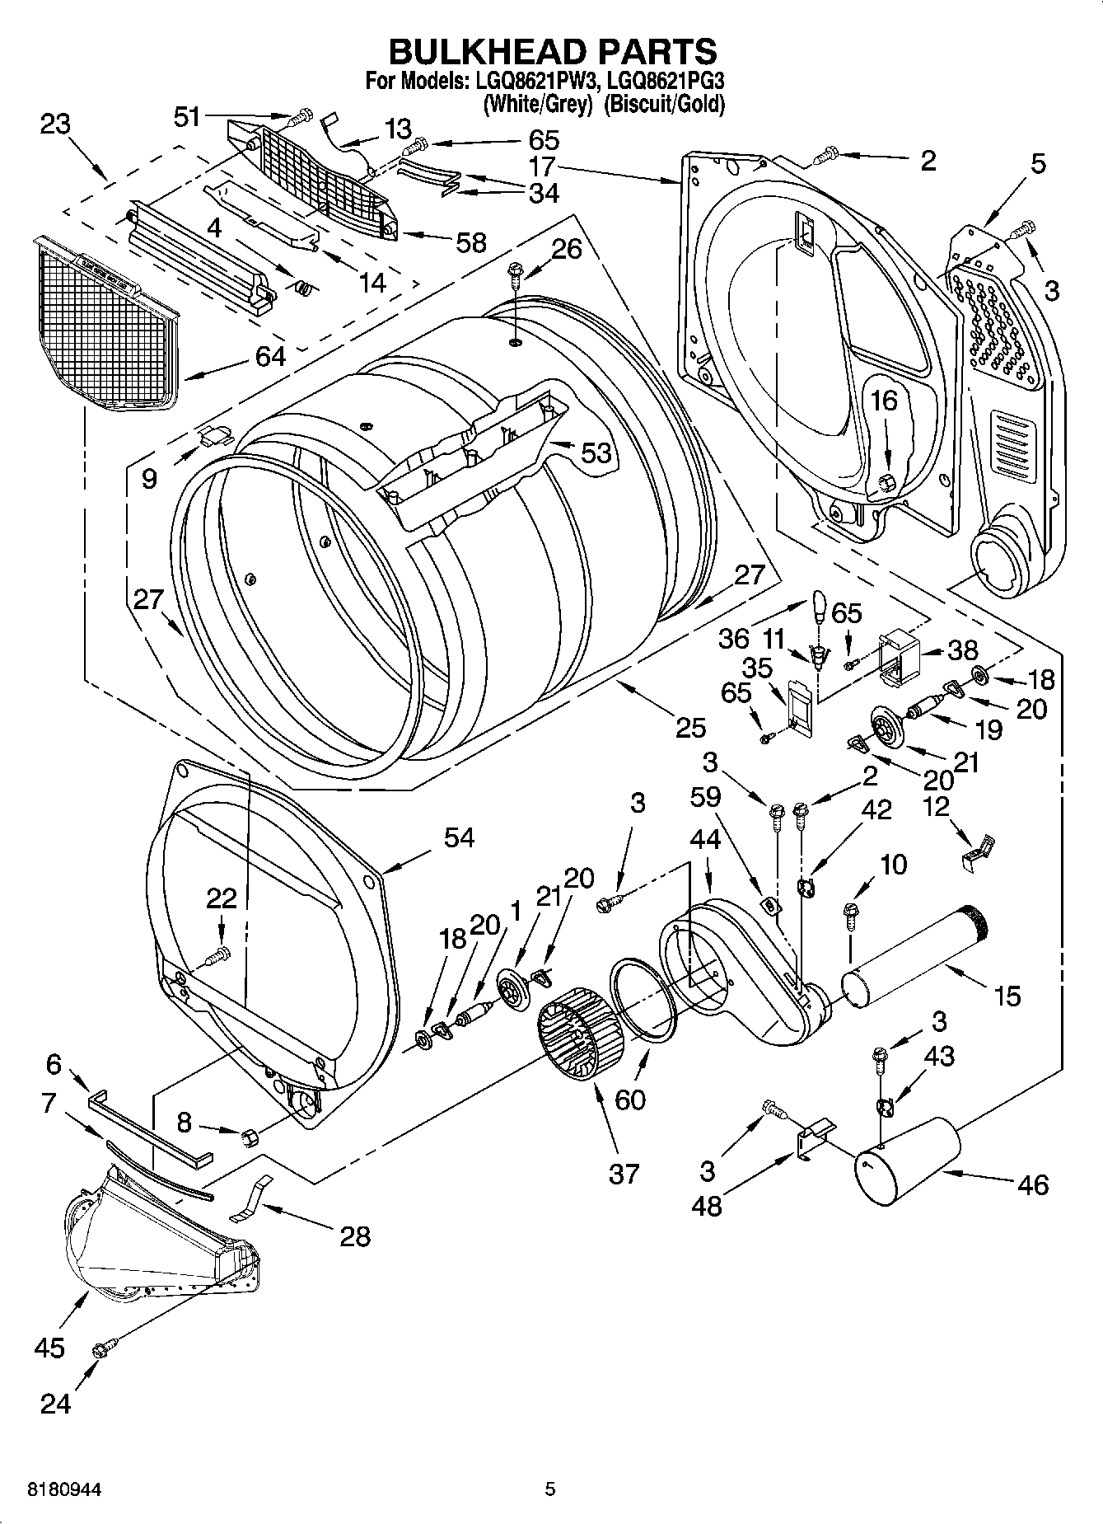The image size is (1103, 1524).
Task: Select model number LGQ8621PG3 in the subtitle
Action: click(666, 81)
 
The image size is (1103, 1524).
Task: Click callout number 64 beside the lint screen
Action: click(269, 356)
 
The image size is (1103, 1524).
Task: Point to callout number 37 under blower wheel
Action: click(624, 1173)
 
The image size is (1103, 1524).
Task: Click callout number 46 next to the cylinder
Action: click(1033, 1185)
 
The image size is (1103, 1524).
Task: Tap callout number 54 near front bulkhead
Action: click(459, 837)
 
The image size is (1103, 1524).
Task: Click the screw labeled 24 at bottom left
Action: click(103, 1349)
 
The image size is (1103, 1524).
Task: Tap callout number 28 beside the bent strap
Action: click(355, 1236)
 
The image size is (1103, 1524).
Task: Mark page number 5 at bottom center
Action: click(550, 1489)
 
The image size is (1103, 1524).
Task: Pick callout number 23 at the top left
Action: click(55, 124)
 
